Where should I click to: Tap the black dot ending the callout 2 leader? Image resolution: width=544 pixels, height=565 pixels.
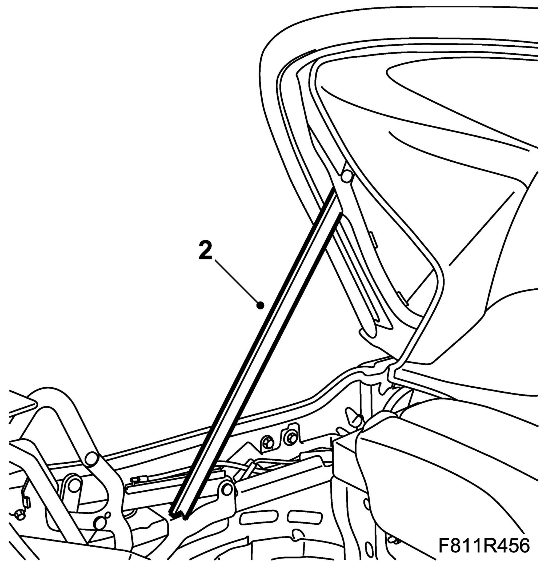pyautogui.click(x=261, y=305)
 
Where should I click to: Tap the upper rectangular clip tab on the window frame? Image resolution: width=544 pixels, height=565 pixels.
pyautogui.click(x=374, y=238)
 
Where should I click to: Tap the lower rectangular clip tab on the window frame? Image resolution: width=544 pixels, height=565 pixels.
pyautogui.click(x=403, y=298)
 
